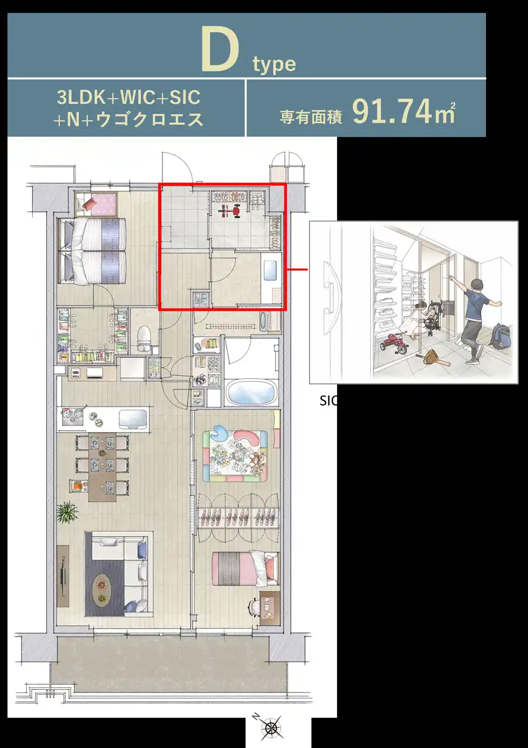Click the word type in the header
pyautogui.click(x=275, y=64)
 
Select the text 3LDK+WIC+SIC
pyautogui.click(x=128, y=98)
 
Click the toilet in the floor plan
pyautogui.click(x=144, y=338)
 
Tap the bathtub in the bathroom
pyautogui.click(x=252, y=393)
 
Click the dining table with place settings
pyautogui.click(x=102, y=467)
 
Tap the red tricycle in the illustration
pyautogui.click(x=394, y=344)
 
